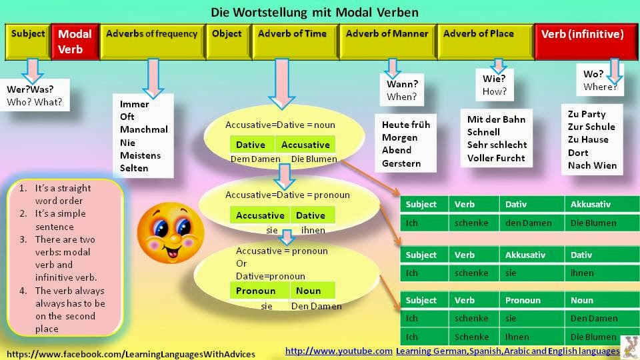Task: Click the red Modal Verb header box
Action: (x=75, y=41)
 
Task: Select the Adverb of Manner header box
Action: (x=387, y=41)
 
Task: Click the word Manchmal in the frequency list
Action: (x=144, y=129)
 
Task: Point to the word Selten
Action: (x=134, y=168)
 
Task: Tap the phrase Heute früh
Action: (x=406, y=125)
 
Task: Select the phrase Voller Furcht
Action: (x=496, y=158)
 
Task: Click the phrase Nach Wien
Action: (x=592, y=165)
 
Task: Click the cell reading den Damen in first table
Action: (x=528, y=223)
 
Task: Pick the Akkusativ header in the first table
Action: (x=591, y=204)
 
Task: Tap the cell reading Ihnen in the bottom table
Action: (x=518, y=337)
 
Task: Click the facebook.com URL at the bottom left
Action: (x=131, y=353)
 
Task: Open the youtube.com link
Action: (x=339, y=351)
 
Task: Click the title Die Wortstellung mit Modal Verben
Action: (x=315, y=12)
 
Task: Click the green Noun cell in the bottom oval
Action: (x=312, y=291)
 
